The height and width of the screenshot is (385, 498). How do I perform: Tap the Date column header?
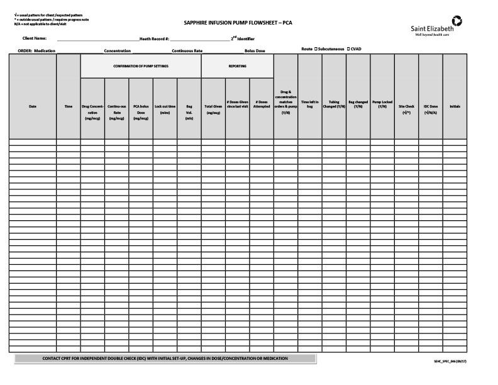pyautogui.click(x=33, y=106)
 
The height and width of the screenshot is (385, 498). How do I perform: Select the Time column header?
pyautogui.click(x=69, y=106)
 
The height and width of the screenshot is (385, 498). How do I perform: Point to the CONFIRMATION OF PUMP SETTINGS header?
pyautogui.click(x=141, y=66)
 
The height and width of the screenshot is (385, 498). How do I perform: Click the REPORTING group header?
pyautogui.click(x=237, y=66)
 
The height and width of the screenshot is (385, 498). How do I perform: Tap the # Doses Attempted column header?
pyautogui.click(x=262, y=104)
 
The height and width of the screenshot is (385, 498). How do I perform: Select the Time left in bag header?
pyautogui.click(x=310, y=104)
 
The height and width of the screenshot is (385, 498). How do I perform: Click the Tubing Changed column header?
pyautogui.click(x=334, y=104)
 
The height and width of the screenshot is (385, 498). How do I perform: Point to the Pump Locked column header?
pyautogui.click(x=382, y=104)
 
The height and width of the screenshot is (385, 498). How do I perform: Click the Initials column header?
pyautogui.click(x=455, y=106)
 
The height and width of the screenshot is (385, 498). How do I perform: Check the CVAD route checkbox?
pyautogui.click(x=349, y=48)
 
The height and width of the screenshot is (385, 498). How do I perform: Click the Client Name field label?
pyautogui.click(x=35, y=38)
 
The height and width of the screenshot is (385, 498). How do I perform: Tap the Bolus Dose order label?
pyautogui.click(x=255, y=50)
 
